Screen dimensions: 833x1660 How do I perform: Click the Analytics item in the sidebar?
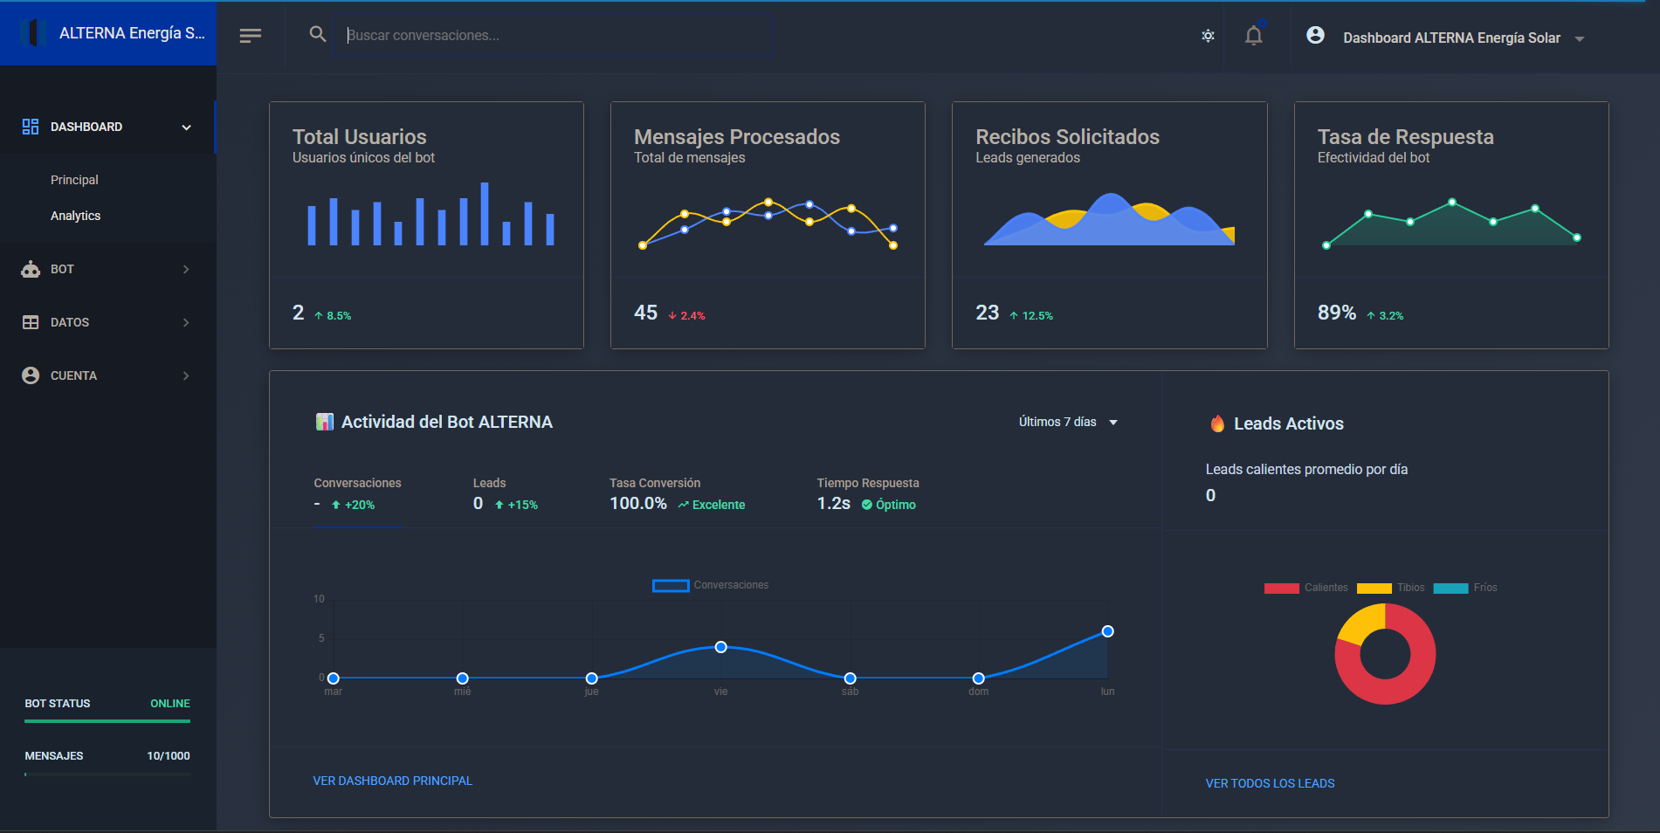(x=75, y=216)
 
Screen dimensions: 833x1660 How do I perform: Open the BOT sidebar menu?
(x=63, y=269)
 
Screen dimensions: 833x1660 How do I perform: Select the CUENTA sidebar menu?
(x=73, y=375)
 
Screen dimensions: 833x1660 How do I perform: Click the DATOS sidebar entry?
(x=70, y=322)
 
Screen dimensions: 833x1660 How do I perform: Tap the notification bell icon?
(x=1253, y=36)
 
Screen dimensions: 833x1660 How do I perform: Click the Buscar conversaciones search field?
(x=552, y=36)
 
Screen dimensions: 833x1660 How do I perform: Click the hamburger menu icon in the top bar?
(x=251, y=36)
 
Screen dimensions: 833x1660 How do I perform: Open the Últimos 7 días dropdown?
(x=1067, y=422)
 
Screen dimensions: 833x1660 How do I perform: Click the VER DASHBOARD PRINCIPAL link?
(x=392, y=781)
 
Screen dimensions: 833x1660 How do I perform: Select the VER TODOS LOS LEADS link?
(x=1270, y=783)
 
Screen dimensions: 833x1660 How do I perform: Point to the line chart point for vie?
(x=720, y=647)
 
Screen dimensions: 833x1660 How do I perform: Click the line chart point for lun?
(x=1107, y=631)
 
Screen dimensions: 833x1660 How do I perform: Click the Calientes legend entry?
(x=1306, y=588)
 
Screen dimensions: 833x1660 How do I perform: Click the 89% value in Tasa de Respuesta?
(x=1336, y=313)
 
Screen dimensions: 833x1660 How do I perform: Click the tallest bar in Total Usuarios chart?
(x=485, y=213)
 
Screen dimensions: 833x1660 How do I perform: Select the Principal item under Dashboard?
(x=74, y=180)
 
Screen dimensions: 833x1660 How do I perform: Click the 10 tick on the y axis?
(x=319, y=599)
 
